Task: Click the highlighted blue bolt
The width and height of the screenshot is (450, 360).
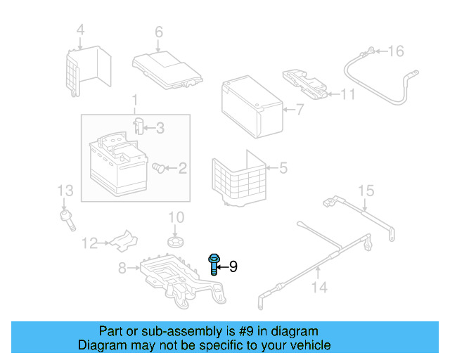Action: [213, 266]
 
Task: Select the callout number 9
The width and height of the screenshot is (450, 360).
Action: [233, 266]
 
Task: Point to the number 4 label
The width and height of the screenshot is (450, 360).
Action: [80, 30]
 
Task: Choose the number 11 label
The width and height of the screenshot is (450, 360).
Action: [348, 94]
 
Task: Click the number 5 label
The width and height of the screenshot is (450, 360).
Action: [283, 168]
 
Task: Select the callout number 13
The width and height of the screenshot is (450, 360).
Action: [65, 191]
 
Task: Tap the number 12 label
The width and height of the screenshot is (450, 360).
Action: [89, 243]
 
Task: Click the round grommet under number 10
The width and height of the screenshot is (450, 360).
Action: [175, 243]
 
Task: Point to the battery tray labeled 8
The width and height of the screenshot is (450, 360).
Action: [176, 278]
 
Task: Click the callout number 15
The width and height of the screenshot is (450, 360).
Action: [366, 191]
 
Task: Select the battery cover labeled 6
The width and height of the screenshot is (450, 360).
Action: [167, 67]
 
